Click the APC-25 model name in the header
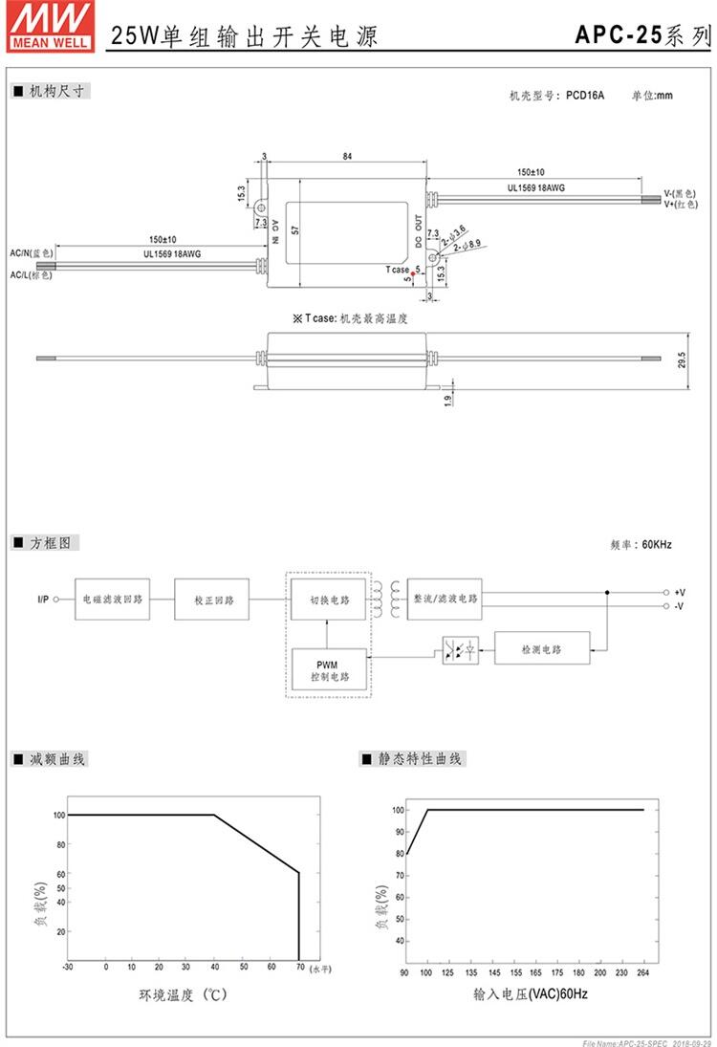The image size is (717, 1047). coord(618,36)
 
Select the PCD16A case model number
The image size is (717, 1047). coord(585,96)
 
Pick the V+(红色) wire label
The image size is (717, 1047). coord(682,204)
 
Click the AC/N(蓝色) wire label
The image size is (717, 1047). coord(32,252)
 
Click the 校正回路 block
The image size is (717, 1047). coord(211,600)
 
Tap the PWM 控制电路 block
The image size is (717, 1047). coord(327,669)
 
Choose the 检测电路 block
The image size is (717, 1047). coord(541,649)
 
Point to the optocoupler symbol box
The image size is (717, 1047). coord(460,650)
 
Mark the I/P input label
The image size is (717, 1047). coord(44,600)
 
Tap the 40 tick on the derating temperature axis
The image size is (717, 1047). coord(214,967)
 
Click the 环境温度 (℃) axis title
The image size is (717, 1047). coord(182,995)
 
